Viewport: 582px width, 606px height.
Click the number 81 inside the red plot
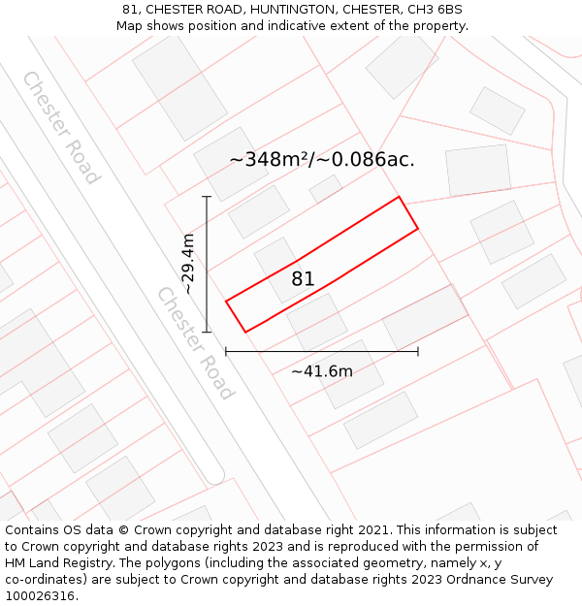pyautogui.click(x=303, y=279)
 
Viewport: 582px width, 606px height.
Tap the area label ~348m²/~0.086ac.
pyautogui.click(x=322, y=160)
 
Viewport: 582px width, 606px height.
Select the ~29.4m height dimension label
pyautogui.click(x=188, y=264)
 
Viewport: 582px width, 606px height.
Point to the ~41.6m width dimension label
pyautogui.click(x=322, y=370)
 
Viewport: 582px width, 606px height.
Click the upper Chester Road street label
pyautogui.click(x=61, y=127)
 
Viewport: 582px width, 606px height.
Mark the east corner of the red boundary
pyautogui.click(x=418, y=229)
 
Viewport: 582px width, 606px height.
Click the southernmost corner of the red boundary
pyautogui.click(x=245, y=333)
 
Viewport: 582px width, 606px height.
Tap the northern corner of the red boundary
pyautogui.click(x=399, y=197)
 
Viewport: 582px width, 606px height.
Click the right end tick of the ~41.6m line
pyautogui.click(x=418, y=351)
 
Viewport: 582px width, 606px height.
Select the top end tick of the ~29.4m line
pyautogui.click(x=207, y=197)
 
